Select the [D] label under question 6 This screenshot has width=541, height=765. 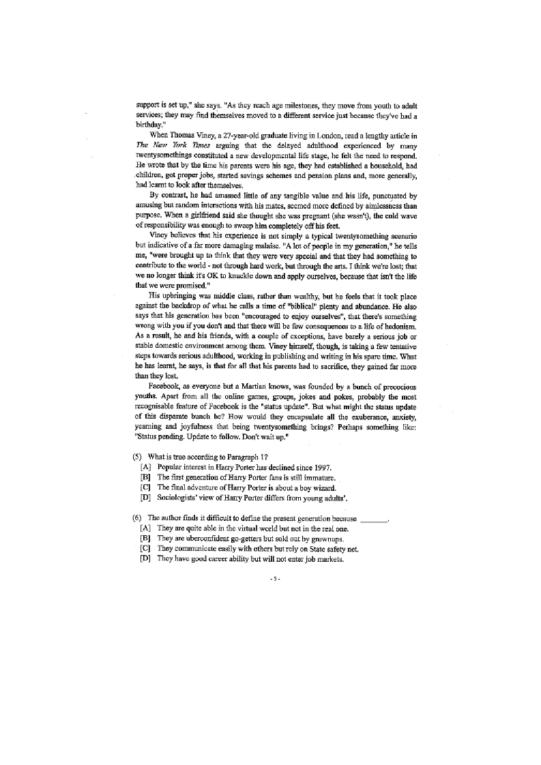tap(145, 558)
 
